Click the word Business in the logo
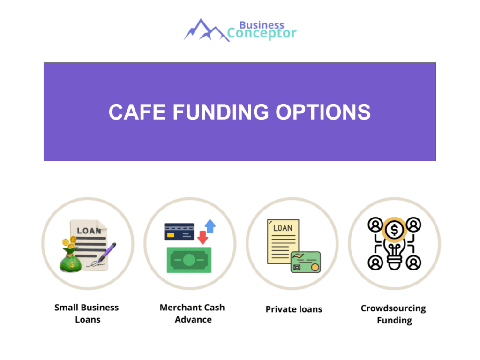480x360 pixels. click(262, 24)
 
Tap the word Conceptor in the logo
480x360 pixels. click(262, 34)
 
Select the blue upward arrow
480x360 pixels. click(210, 226)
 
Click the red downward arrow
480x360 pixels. click(202, 237)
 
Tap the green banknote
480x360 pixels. click(189, 260)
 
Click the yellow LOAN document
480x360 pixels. click(283, 241)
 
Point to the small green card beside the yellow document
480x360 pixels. click(306, 262)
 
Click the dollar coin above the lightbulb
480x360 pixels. click(394, 230)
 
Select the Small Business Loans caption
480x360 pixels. click(87, 314)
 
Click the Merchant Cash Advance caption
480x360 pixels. click(192, 314)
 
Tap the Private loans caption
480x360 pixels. click(294, 309)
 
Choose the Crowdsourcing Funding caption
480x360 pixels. click(393, 315)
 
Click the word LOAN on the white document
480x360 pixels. click(89, 231)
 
